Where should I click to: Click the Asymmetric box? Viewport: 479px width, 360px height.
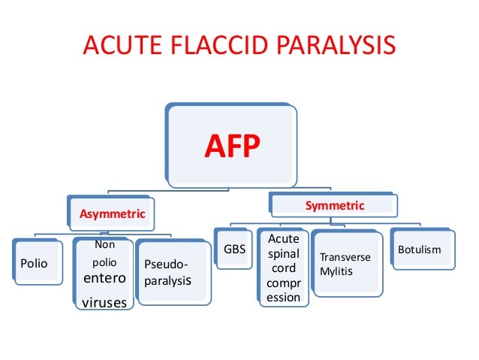(110, 214)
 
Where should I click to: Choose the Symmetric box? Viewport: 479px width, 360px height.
(334, 205)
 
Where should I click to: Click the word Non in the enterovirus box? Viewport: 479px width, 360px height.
(104, 245)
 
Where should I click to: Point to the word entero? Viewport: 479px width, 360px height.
(104, 280)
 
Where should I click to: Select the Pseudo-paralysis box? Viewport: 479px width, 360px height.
(171, 273)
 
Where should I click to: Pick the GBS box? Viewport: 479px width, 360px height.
(234, 249)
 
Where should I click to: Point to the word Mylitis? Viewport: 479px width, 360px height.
(336, 270)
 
